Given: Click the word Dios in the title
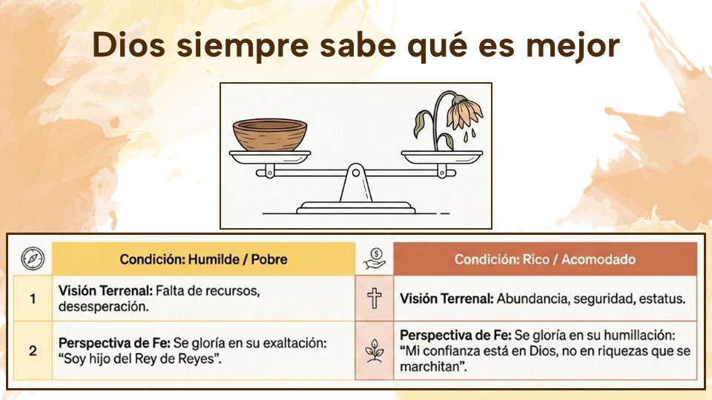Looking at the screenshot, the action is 128,45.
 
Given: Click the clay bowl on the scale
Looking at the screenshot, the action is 270,134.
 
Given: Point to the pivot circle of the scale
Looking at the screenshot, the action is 356,173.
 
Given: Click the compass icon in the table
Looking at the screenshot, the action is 33,259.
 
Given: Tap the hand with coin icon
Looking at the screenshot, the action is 375,259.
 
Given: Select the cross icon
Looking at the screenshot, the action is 374,299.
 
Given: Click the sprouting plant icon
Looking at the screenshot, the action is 375,350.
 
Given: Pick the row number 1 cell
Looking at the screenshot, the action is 33,299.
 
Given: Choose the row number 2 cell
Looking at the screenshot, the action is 33,350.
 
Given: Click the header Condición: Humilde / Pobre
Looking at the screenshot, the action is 203,259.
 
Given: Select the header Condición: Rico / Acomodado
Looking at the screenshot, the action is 545,259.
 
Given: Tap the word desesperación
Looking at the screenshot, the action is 104,307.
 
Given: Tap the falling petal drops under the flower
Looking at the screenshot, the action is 469,135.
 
